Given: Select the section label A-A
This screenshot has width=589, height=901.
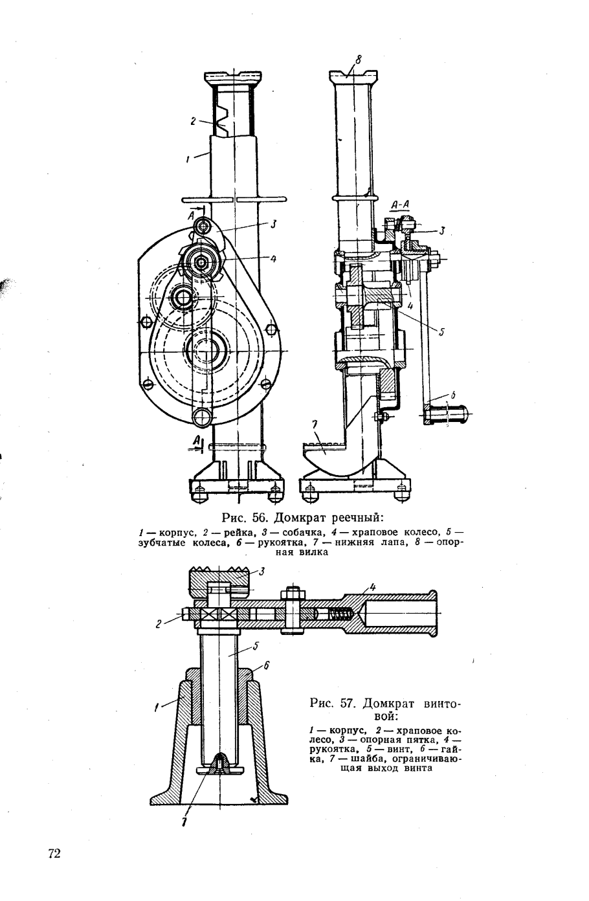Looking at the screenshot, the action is (x=400, y=205).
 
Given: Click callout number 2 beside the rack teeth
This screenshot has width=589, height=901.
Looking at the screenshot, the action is (x=193, y=121).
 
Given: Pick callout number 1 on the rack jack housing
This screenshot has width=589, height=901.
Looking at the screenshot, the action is (x=188, y=160).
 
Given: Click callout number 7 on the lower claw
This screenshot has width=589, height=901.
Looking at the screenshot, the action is (x=315, y=425).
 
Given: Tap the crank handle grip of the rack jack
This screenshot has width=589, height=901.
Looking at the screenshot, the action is (x=447, y=414).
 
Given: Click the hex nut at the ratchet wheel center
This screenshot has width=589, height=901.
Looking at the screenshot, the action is (x=201, y=263).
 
